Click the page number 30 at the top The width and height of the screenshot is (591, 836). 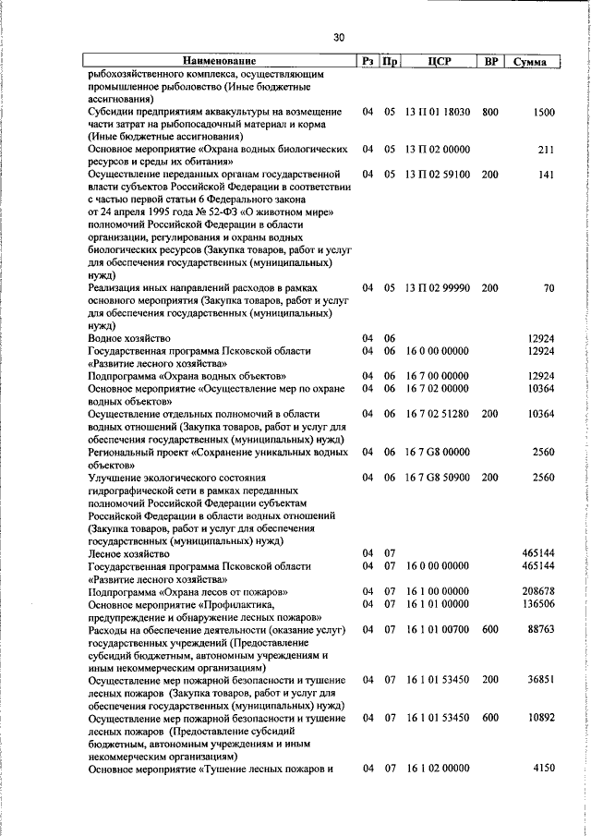(338, 37)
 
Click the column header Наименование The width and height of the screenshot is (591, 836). (219, 62)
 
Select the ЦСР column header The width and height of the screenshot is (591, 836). (438, 62)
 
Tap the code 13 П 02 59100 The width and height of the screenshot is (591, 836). (438, 174)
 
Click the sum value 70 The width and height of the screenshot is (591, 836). (549, 289)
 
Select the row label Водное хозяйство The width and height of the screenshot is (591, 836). (130, 339)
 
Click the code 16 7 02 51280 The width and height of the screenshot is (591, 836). (438, 415)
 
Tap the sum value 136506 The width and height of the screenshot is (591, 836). (537, 603)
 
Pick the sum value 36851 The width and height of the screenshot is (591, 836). (540, 679)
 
